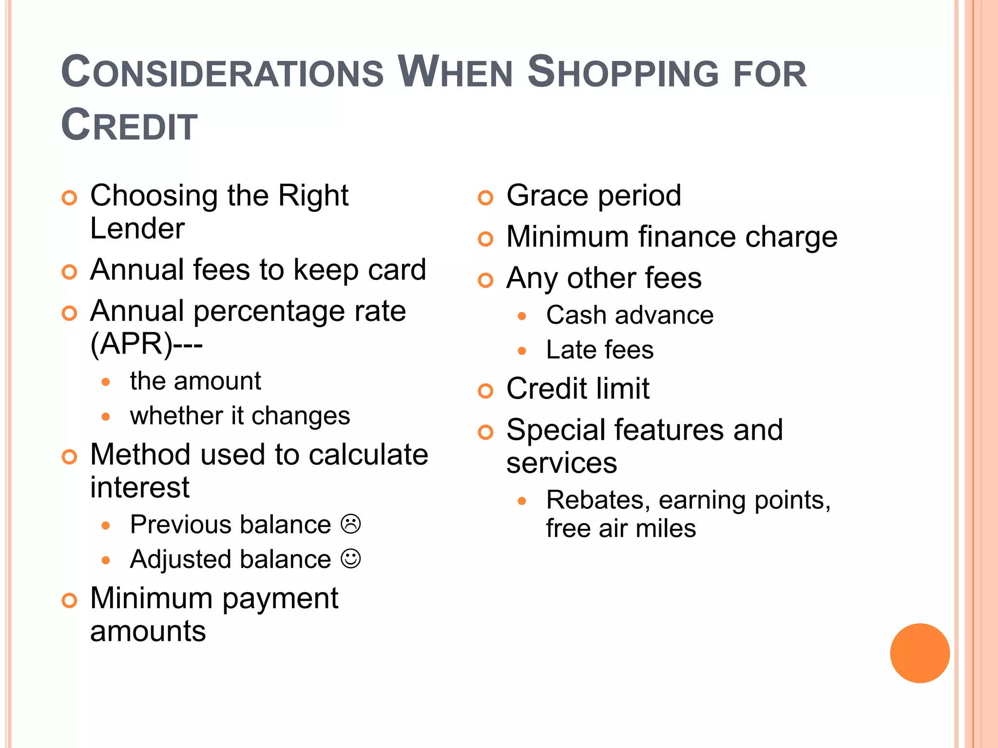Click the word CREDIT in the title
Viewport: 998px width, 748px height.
129,125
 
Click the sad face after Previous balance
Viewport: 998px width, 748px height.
351,524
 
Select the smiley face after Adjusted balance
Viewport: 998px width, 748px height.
351,559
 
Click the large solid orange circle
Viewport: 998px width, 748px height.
920,653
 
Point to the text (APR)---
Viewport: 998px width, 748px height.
146,344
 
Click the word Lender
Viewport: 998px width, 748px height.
137,228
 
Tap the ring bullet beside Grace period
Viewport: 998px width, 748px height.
485,198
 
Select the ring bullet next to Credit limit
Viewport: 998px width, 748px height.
485,391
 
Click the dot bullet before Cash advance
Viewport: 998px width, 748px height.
522,316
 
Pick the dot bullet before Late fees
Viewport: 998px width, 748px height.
522,351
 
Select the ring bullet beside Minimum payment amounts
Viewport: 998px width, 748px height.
70,600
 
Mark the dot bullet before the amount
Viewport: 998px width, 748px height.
106,382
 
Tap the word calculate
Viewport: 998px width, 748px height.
368,455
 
